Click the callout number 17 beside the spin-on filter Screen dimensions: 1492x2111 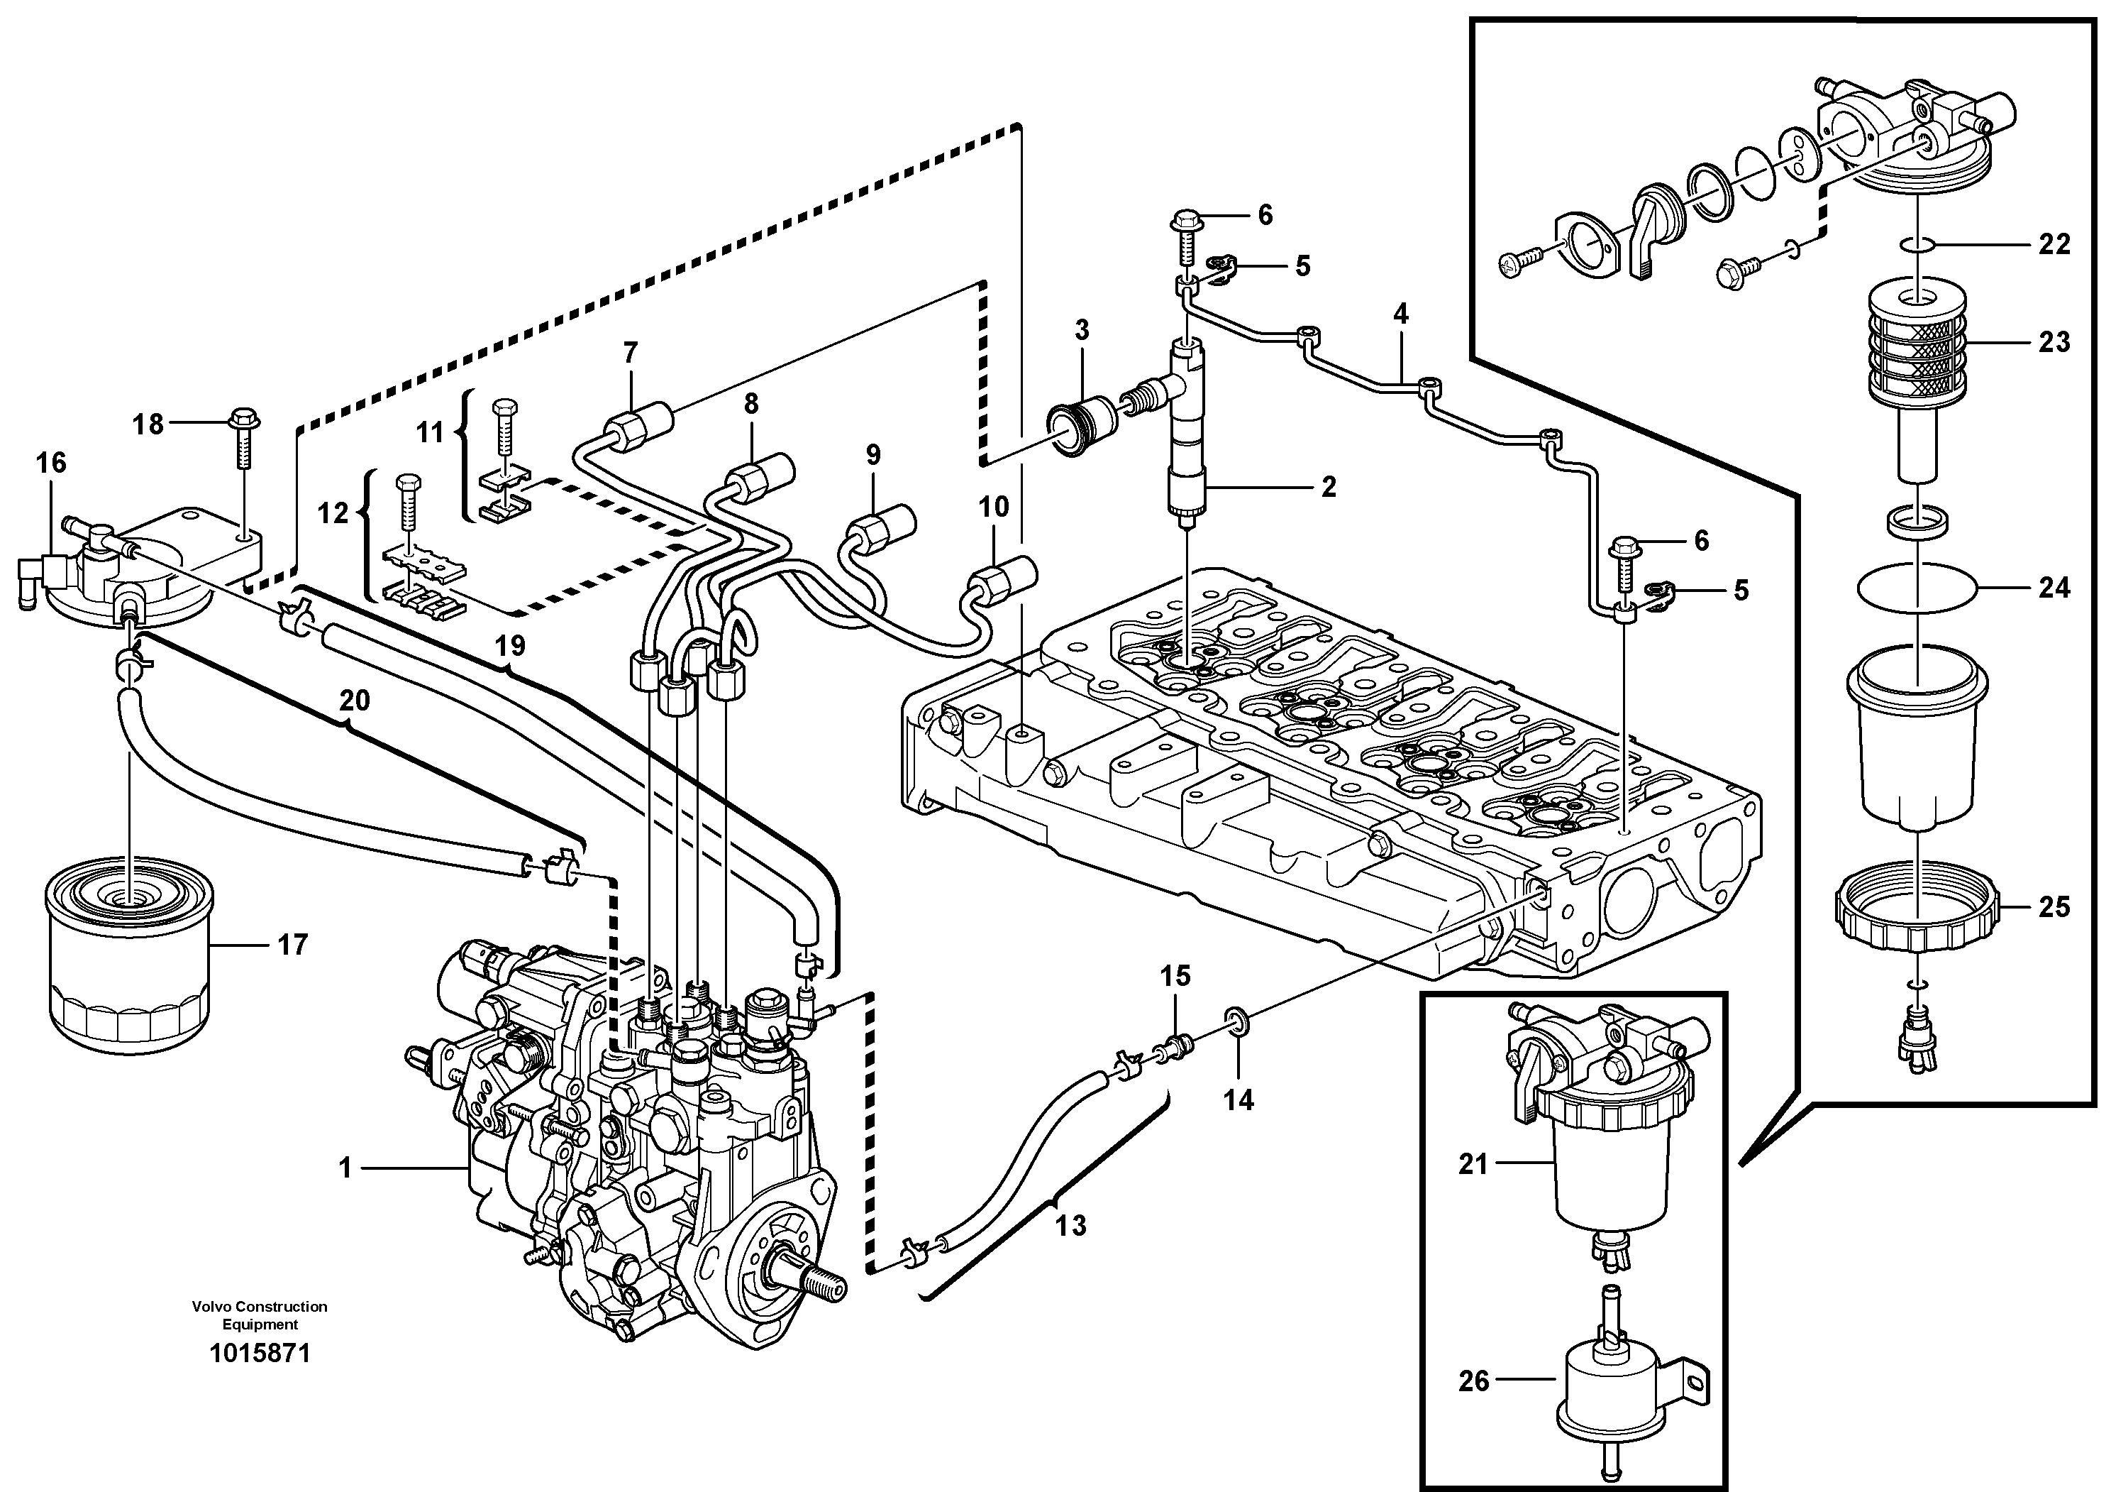click(292, 945)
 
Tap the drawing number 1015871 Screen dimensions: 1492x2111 click(260, 1354)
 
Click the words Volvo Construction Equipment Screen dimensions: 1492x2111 click(260, 1315)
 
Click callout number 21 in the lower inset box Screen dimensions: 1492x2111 click(1472, 1165)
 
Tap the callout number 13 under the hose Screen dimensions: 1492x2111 click(1070, 1225)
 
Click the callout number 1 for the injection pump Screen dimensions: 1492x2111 click(345, 1169)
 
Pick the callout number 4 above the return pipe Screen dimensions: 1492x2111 click(1400, 314)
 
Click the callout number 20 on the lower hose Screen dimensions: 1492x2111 click(355, 701)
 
